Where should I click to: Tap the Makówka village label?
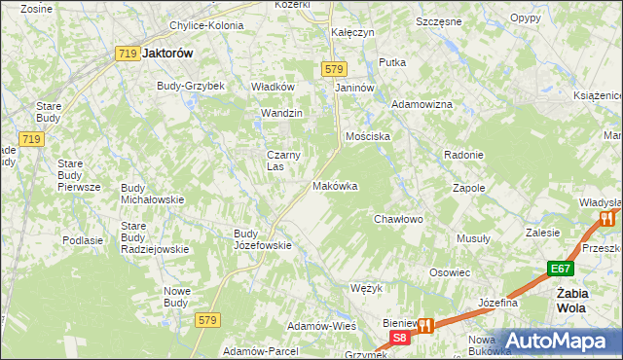pos(335,186)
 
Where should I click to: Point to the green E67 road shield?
pos(559,269)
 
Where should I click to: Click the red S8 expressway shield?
pos(399,338)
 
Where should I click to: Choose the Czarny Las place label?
pos(284,160)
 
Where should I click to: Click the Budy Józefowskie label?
pos(263,239)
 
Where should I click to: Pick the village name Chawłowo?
pos(398,220)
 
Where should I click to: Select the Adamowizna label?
pos(421,104)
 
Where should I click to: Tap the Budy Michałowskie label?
pos(152,194)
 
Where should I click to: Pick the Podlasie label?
pos(83,240)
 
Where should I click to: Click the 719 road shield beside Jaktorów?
pos(126,54)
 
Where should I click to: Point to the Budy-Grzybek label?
pos(191,86)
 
